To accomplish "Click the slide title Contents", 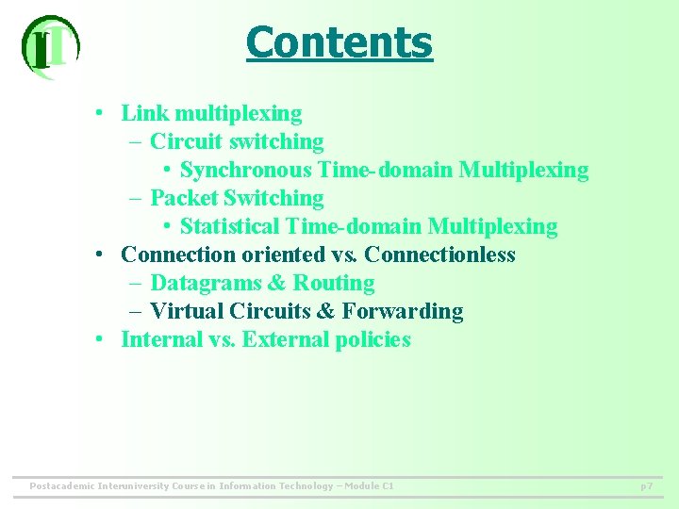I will pos(339,42).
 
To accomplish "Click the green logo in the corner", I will pos(49,46).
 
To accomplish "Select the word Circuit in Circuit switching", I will pos(184,142).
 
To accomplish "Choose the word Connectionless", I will pos(439,255).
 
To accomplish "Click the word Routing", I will pos(334,284).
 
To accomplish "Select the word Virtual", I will pos(183,312).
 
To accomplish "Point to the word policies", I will pos(373,340).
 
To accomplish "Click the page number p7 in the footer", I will pos(646,486).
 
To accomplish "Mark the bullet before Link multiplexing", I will pos(99,114).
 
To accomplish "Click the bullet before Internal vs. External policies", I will pos(99,340).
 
